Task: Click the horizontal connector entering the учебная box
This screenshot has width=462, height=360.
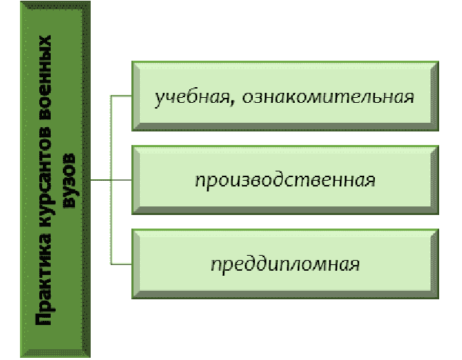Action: [x=122, y=95]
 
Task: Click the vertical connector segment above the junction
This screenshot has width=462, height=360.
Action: [x=112, y=136]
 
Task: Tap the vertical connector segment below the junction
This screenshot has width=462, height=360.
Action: [x=112, y=221]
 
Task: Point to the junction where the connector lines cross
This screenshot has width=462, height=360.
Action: [x=112, y=179]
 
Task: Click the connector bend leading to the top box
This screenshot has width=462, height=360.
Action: [x=112, y=95]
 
